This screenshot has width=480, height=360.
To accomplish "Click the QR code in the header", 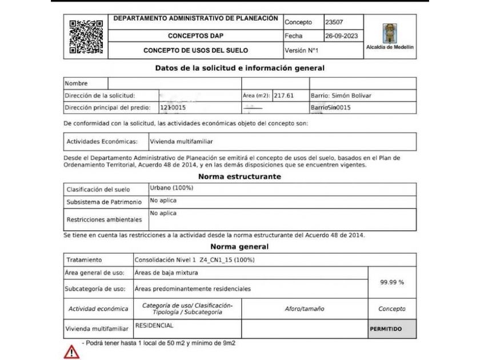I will (x=86, y=37).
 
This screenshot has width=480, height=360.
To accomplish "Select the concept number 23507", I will (x=334, y=22).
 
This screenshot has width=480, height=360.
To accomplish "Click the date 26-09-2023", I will (x=341, y=35).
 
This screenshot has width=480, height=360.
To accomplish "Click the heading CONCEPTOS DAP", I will (x=195, y=35).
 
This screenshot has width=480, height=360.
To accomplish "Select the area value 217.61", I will (x=283, y=95).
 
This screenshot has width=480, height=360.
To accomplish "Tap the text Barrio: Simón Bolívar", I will (x=337, y=95).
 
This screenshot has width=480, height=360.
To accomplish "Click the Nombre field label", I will (x=76, y=83).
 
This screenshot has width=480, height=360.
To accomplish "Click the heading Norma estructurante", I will (x=239, y=177).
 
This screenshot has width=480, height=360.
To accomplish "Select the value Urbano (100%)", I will (x=171, y=188).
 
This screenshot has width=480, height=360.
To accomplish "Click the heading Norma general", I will (x=239, y=247).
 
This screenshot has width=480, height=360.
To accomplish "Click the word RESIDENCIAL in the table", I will (x=154, y=326).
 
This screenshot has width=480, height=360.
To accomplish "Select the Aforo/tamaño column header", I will (x=304, y=309).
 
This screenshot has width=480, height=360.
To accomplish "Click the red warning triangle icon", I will (x=71, y=351).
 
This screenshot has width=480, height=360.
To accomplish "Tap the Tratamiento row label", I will (x=84, y=259).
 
